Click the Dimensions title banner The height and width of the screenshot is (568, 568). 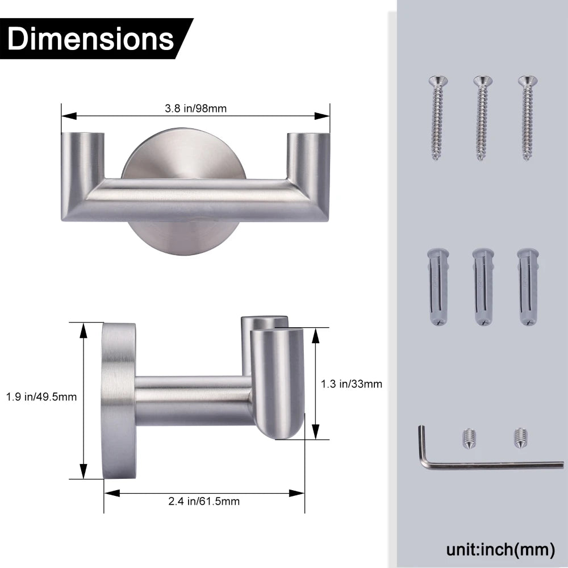click(91, 39)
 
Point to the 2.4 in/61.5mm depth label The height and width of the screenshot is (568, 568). click(204, 501)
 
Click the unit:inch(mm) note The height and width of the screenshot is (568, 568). click(500, 549)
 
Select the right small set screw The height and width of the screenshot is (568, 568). click(517, 436)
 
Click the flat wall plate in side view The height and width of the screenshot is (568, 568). click(118, 400)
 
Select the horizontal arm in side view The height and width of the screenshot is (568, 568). click(193, 400)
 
